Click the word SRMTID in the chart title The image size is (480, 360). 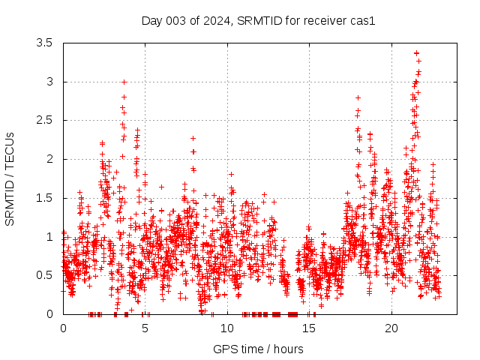[x=257, y=20]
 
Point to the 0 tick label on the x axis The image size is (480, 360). [x=63, y=328]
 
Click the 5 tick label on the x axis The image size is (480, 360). [x=145, y=328]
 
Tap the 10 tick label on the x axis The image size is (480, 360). [x=227, y=328]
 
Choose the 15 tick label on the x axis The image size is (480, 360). [x=309, y=328]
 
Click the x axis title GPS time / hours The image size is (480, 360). [x=258, y=349]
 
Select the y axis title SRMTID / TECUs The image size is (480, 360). [x=10, y=178]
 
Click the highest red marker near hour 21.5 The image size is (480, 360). [x=416, y=52]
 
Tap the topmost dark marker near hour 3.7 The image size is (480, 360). [x=124, y=82]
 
